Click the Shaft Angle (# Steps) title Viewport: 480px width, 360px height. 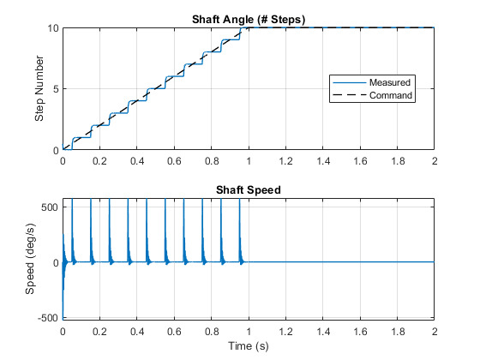(249, 20)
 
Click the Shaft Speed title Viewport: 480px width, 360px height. (249, 189)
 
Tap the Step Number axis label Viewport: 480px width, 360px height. (39, 88)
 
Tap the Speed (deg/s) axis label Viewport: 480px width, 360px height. (30, 259)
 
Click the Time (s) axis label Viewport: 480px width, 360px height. (249, 346)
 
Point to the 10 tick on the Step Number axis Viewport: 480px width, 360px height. (52, 28)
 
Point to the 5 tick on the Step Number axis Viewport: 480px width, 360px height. (56, 89)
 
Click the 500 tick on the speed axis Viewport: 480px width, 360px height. (50, 207)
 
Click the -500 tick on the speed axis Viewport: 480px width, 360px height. (48, 317)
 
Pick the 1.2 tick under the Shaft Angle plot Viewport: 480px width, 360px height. (286, 161)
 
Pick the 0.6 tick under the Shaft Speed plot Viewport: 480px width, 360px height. (174, 332)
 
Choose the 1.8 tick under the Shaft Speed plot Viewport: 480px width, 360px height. (398, 332)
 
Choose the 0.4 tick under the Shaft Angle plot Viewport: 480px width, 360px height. (137, 161)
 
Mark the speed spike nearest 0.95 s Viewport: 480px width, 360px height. (240, 231)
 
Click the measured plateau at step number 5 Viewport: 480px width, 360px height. (155, 89)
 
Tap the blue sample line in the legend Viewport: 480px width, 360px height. (350, 82)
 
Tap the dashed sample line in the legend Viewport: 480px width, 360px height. (350, 95)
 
